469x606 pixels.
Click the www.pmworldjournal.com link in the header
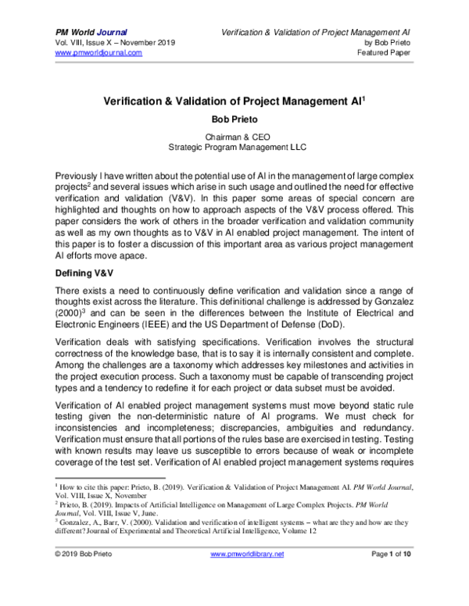pyautogui.click(x=98, y=52)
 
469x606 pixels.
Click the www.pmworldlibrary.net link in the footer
pyautogui.click(x=248, y=576)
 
